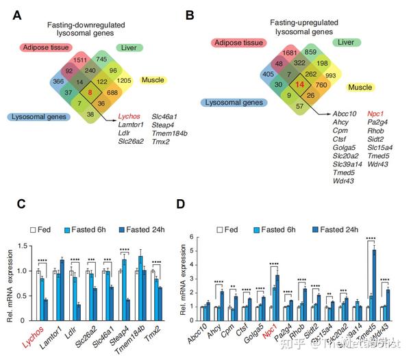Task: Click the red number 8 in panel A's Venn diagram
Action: [x=89, y=90]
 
